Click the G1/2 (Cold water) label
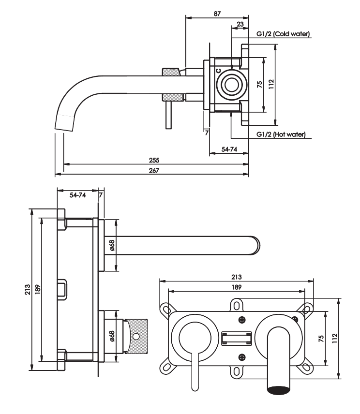[x=283, y=34]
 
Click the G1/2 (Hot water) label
[x=281, y=134]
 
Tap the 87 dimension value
[x=217, y=14]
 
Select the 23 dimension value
[x=240, y=24]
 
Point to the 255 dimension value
[x=154, y=160]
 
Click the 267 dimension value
[x=154, y=171]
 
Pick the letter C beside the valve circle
[x=218, y=71]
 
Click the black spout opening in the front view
[x=279, y=390]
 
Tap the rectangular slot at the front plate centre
[x=237, y=339]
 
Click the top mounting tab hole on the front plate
[x=237, y=306]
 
